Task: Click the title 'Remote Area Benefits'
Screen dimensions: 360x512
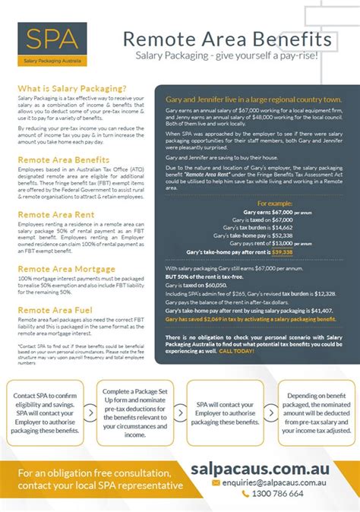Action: [x=226, y=38]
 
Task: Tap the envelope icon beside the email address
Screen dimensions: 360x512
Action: [x=216, y=482]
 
